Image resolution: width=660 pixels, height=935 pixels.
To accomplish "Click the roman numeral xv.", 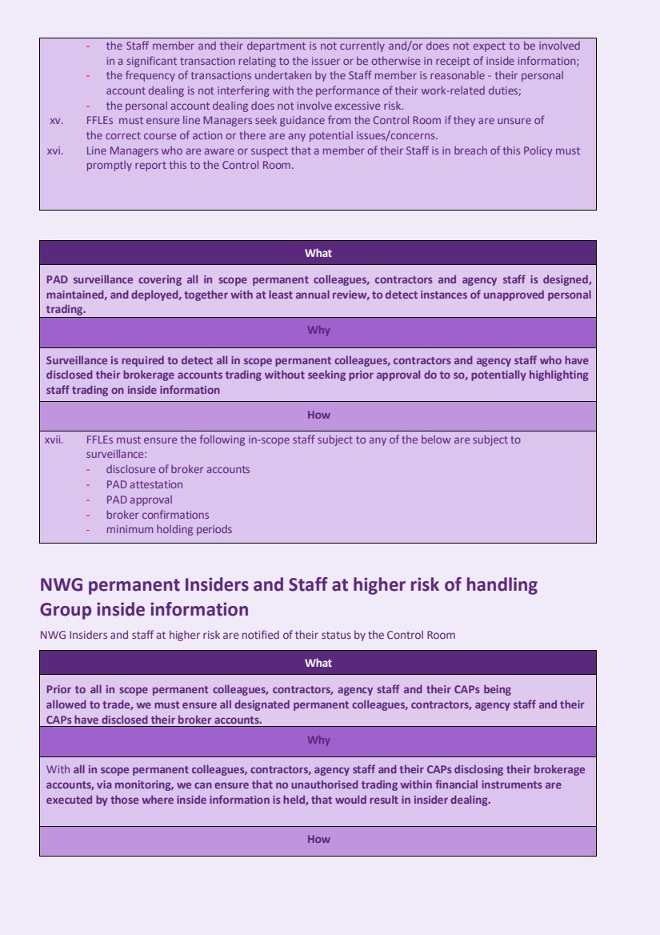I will (x=56, y=120).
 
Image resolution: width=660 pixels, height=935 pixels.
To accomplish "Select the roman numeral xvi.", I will (x=56, y=150).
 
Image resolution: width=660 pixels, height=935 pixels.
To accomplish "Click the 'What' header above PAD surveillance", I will (x=318, y=254).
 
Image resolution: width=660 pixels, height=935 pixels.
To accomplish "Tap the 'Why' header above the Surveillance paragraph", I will (x=318, y=331).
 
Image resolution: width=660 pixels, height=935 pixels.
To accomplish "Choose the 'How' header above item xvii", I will (x=318, y=415).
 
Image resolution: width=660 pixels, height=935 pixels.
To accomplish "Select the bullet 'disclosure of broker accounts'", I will (x=178, y=469).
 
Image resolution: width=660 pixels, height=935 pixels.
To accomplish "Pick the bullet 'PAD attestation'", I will (x=144, y=484).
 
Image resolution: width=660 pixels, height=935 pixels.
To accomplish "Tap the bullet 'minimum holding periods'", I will (x=169, y=529).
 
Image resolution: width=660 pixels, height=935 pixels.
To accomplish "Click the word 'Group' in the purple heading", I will (x=66, y=609).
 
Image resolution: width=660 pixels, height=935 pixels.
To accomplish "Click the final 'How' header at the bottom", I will (x=318, y=840).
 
